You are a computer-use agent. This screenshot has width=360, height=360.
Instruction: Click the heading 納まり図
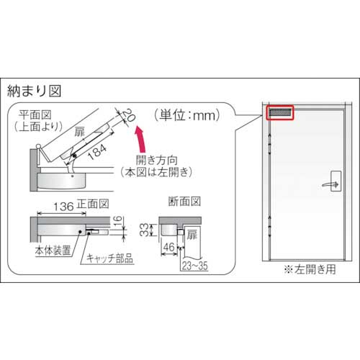[x=35, y=91]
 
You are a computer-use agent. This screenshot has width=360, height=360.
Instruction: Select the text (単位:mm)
[x=186, y=114]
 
